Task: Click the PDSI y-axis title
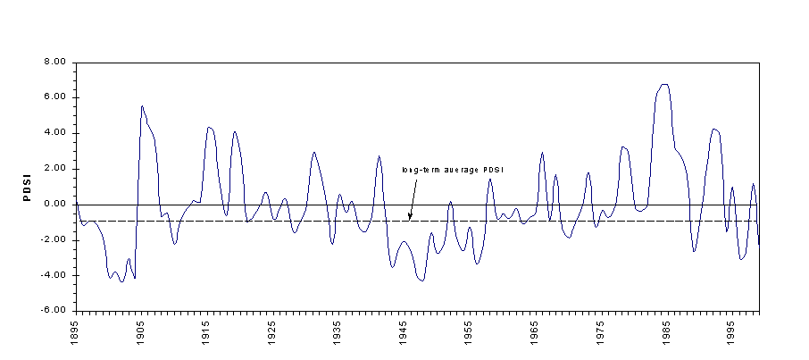28,188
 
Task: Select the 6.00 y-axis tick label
55,97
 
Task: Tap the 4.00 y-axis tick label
55,133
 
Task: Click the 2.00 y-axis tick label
55,169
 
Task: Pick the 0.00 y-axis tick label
55,205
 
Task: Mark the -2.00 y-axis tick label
54,240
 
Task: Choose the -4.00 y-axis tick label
54,276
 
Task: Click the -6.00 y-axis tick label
54,311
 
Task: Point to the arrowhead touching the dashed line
410,216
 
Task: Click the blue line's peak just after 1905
142,106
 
